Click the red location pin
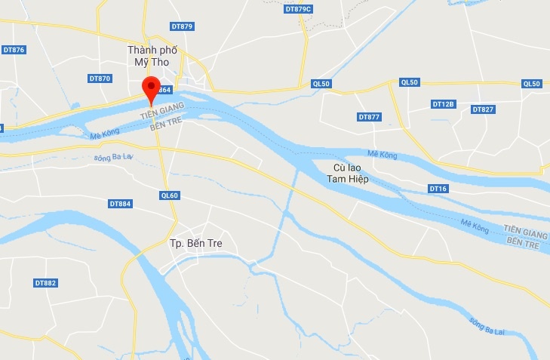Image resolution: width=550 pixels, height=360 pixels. [x=152, y=88]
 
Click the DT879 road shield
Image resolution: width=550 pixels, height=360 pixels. [x=183, y=26]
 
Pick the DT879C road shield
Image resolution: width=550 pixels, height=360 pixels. [x=299, y=8]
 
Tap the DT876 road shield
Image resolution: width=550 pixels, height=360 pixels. [x=14, y=50]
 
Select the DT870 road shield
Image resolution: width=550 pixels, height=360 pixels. [x=100, y=78]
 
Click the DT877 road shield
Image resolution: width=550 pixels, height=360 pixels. [x=370, y=117]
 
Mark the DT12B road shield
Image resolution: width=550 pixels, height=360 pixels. [x=443, y=103]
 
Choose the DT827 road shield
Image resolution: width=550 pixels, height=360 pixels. [x=483, y=109]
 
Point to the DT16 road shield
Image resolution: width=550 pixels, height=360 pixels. [x=438, y=188]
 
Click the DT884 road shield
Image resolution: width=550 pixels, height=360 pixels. [x=120, y=204]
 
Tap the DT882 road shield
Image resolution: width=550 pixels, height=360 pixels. [x=45, y=283]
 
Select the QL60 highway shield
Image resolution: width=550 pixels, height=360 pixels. [x=170, y=195]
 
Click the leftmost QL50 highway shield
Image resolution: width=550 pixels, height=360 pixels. [x=321, y=84]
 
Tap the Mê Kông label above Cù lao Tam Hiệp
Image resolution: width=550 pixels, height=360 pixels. [x=383, y=155]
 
